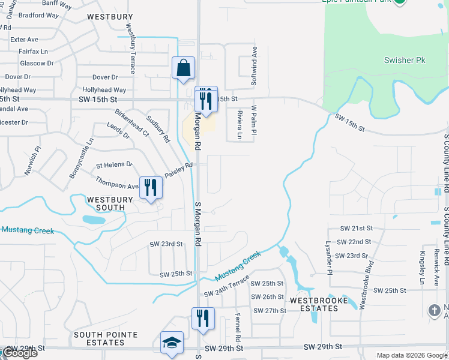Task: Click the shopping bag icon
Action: click(183, 68)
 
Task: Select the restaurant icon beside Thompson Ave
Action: click(150, 188)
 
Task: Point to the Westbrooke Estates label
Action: click(314, 304)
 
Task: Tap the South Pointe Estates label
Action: click(106, 338)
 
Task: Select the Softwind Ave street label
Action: click(254, 66)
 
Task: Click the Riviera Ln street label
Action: click(239, 124)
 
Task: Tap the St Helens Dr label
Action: click(113, 164)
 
